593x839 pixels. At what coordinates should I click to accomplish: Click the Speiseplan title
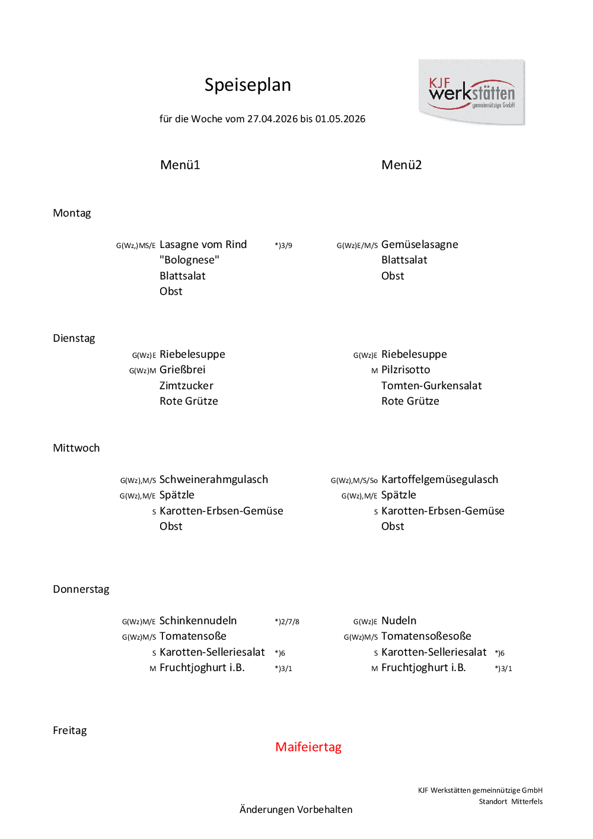247,85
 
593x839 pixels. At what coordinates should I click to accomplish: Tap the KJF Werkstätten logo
471,92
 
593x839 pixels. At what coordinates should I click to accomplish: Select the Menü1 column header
180,165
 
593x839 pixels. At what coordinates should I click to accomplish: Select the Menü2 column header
401,165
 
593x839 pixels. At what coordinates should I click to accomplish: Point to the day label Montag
72,213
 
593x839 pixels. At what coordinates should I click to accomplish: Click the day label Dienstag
74,338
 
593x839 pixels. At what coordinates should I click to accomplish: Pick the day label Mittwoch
76,448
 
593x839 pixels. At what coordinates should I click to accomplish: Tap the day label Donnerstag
81,589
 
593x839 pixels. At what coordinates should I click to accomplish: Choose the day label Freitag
69,730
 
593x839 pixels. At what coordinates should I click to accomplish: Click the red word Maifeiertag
308,747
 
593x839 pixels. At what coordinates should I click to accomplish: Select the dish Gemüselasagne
419,244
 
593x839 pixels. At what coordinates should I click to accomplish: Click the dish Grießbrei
182,370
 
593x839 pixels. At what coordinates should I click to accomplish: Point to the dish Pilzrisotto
406,370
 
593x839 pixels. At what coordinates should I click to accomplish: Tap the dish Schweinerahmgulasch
213,479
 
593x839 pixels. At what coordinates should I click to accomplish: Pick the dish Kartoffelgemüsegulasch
439,479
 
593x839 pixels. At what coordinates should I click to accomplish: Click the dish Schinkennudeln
198,621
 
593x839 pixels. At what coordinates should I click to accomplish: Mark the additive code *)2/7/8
287,622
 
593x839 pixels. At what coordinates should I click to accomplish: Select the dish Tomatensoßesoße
426,636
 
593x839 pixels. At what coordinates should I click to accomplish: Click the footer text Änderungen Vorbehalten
296,809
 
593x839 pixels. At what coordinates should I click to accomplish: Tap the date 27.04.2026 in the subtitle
272,119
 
